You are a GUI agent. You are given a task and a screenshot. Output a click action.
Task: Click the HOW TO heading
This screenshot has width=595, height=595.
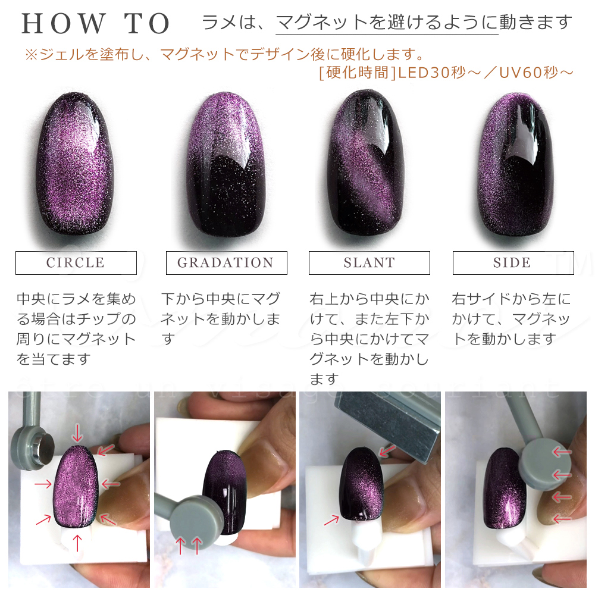click(96, 24)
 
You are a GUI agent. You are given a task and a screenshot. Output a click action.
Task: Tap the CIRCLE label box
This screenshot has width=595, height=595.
click(76, 263)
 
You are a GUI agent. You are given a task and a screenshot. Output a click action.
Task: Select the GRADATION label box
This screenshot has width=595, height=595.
click(226, 263)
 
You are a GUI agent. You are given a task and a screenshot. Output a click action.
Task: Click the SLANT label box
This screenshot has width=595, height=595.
click(369, 263)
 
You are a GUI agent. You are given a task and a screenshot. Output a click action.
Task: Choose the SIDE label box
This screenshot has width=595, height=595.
click(512, 263)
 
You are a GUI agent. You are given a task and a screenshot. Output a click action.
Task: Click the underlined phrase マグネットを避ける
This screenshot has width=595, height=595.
click(387, 23)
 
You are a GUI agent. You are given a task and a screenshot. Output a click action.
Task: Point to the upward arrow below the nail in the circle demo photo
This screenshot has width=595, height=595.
click(76, 542)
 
